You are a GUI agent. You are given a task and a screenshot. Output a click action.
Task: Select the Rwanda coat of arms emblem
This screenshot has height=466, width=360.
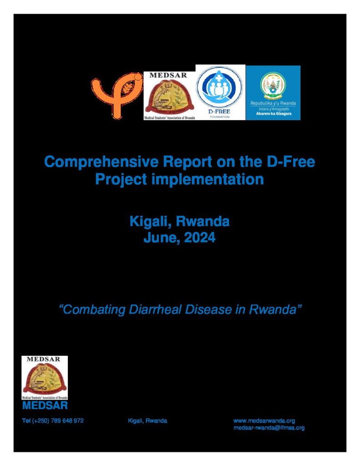[x=273, y=86]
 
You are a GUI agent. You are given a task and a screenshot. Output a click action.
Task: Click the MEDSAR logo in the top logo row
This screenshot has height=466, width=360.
[x=169, y=96]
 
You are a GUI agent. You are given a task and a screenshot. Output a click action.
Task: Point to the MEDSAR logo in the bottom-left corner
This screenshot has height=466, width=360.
[x=45, y=378]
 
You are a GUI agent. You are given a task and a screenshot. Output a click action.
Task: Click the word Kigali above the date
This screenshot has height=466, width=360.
[x=151, y=222]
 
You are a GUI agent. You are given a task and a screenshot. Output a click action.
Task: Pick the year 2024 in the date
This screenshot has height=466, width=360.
[x=200, y=238]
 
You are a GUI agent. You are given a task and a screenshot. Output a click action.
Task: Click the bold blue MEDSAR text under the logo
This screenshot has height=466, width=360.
[x=45, y=405]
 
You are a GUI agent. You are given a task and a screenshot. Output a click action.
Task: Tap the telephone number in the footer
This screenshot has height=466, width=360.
[x=53, y=420]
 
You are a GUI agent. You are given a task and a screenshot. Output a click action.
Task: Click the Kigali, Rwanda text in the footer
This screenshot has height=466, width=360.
[x=147, y=420]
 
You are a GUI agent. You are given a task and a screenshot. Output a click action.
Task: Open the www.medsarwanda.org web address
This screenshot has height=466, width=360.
[x=264, y=420]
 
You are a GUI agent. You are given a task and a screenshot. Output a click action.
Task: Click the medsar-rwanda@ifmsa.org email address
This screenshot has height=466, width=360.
[x=269, y=428]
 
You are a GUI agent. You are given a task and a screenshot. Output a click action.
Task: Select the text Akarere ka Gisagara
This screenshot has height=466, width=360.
[x=274, y=113]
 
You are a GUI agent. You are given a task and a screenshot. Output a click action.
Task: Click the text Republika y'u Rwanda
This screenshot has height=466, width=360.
[x=273, y=103]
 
